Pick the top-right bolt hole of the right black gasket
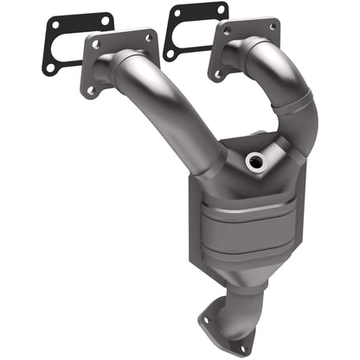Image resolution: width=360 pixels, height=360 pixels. point(222,10)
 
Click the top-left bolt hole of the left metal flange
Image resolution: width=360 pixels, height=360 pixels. point(96,44)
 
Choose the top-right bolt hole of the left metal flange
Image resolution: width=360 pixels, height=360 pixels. point(148,38)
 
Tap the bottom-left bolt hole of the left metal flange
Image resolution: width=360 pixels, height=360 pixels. point(91,88)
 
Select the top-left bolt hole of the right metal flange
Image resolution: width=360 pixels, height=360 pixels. point(227,30)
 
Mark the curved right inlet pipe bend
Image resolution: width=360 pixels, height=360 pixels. point(290,87)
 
